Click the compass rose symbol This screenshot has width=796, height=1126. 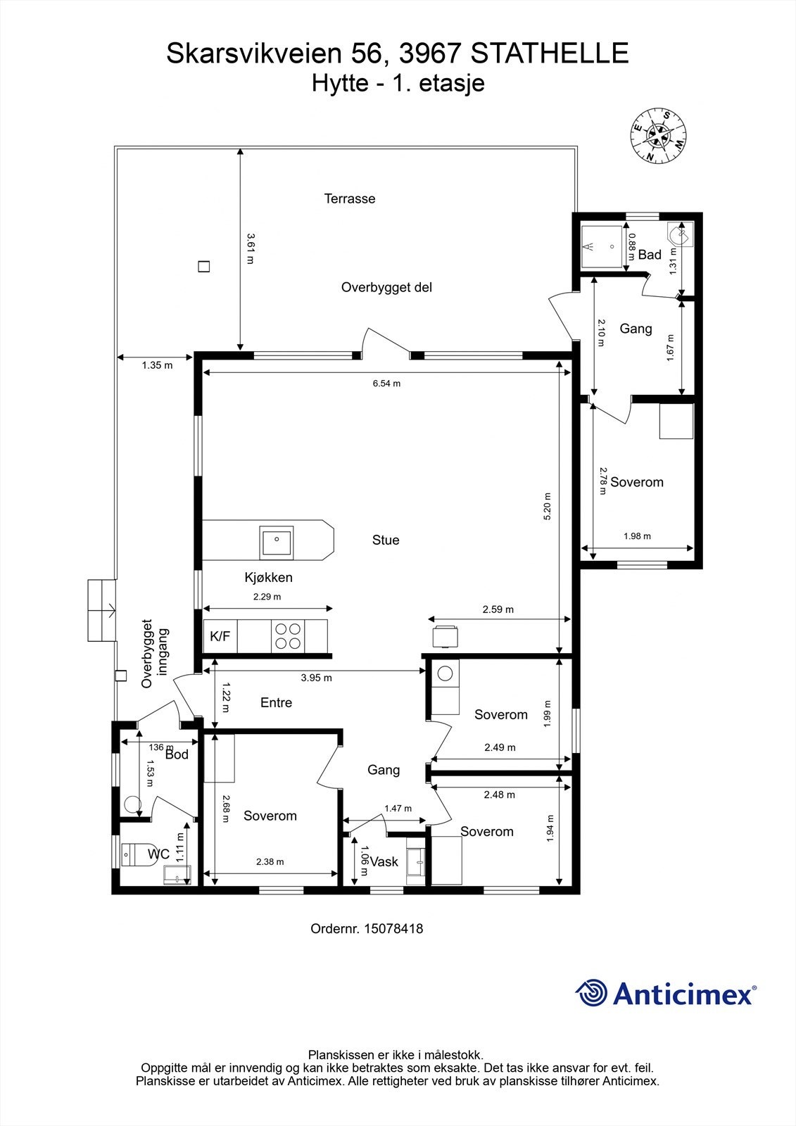coord(659,136)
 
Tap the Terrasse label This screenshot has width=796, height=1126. coord(350,198)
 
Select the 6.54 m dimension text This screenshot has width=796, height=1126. coord(386,384)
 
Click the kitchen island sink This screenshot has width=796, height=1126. coord(277,541)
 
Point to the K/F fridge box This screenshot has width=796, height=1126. coord(220,637)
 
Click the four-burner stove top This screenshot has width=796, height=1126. coord(289,636)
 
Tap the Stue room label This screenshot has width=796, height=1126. coord(386,540)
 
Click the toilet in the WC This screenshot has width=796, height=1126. coord(134,854)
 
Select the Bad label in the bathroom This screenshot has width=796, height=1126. coord(650,255)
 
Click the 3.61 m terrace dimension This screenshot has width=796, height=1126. coord(250,248)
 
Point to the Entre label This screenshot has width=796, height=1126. coord(276,702)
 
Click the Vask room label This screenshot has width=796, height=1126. coord(384,862)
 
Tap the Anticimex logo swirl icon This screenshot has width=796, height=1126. coord(591,993)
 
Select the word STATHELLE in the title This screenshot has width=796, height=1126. coord(549,53)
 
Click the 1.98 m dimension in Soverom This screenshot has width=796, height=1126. coord(637,536)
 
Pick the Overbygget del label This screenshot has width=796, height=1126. coord(386,287)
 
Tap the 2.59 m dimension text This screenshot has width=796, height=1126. coord(498,609)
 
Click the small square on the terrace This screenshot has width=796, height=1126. coord(203,267)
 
